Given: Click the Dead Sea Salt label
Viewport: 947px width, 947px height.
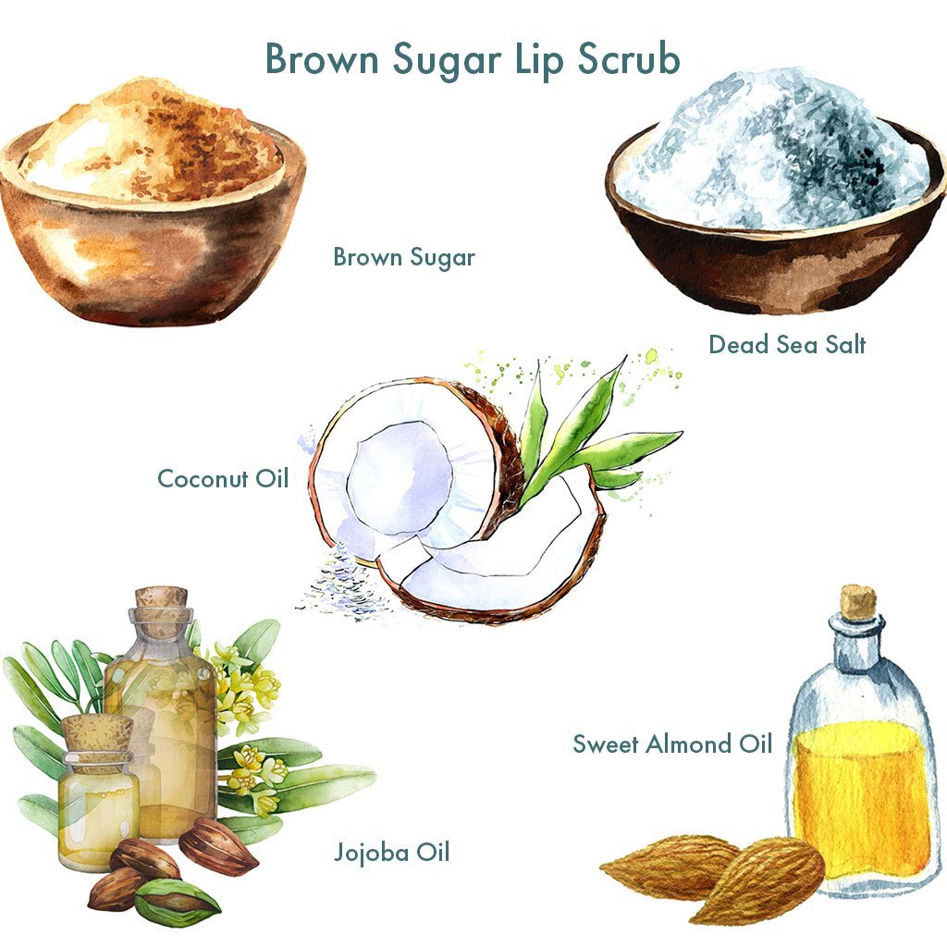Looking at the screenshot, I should [x=787, y=345].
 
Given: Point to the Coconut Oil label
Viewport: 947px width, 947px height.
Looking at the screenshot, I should [x=223, y=479].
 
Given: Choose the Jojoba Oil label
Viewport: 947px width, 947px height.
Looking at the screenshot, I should [x=391, y=851].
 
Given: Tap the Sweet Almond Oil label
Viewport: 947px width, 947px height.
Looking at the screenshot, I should [x=672, y=744].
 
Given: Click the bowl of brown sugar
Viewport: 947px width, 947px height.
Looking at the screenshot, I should [x=153, y=222].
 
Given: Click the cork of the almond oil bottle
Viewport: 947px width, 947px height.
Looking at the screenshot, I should [x=857, y=601].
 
